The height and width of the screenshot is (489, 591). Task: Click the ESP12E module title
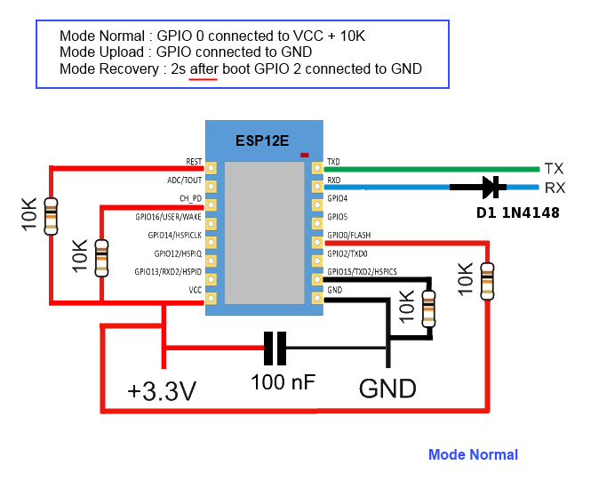coord(262,140)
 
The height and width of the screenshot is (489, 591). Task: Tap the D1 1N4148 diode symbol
coord(487,187)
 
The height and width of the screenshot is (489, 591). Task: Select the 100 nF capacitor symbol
coord(275,348)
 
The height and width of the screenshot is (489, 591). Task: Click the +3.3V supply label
coord(161,390)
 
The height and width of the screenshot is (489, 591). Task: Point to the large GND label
coord(387,389)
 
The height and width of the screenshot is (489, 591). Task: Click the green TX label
coord(554,168)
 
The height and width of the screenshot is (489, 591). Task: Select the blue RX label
coord(555,188)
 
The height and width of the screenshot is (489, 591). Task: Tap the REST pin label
coord(194,162)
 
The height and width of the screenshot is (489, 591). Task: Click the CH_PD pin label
coord(190,198)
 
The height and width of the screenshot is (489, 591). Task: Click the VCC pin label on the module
coord(195,290)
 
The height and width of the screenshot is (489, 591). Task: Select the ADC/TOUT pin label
coord(185,180)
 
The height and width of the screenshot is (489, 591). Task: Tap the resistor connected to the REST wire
coord(52,213)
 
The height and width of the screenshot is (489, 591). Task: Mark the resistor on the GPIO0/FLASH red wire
coord(486,280)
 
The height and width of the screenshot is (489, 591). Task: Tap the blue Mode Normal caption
coord(473,455)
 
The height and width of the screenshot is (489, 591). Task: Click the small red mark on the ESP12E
coord(305,155)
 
